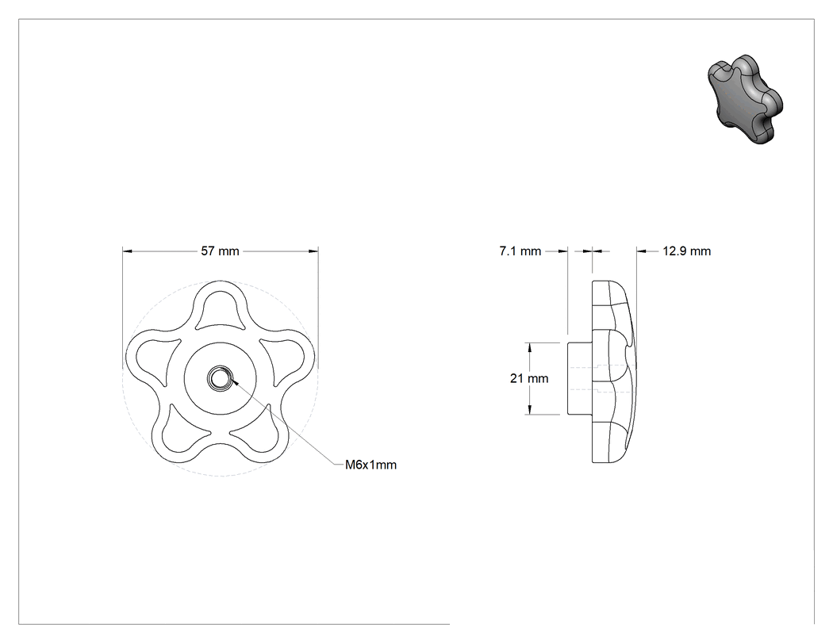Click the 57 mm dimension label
pyautogui.click(x=220, y=251)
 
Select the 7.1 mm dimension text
pyautogui.click(x=520, y=251)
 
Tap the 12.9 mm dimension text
pyautogui.click(x=686, y=251)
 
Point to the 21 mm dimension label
pyautogui.click(x=529, y=378)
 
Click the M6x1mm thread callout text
pyautogui.click(x=370, y=465)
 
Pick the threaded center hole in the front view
pyautogui.click(x=218, y=378)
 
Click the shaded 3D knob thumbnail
pyautogui.click(x=746, y=99)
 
